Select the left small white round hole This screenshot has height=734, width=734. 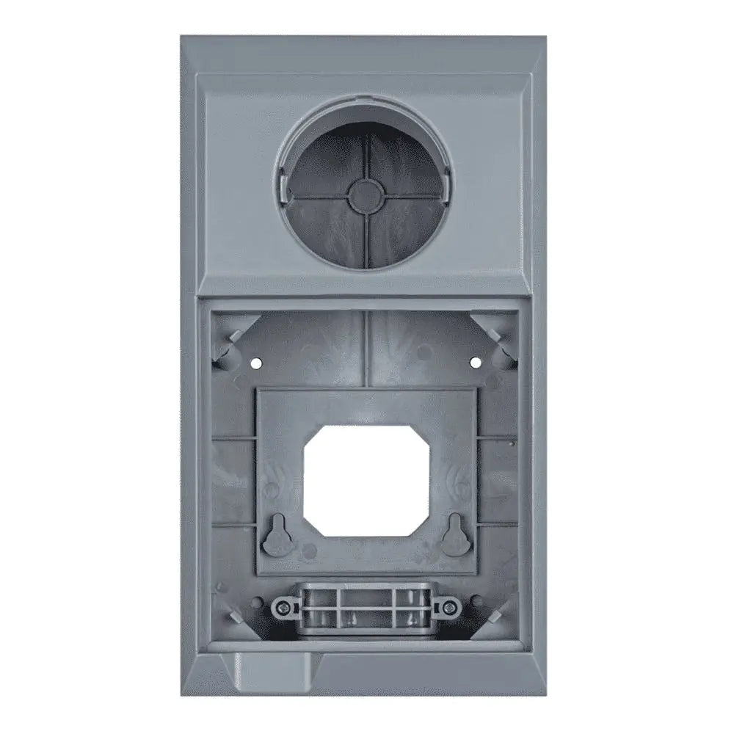[x=255, y=363]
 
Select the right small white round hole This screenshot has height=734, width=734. [x=474, y=361]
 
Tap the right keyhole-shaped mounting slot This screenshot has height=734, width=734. [x=454, y=533]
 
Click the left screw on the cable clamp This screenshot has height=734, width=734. [x=281, y=606]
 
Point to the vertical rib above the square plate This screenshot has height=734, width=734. [x=365, y=349]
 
